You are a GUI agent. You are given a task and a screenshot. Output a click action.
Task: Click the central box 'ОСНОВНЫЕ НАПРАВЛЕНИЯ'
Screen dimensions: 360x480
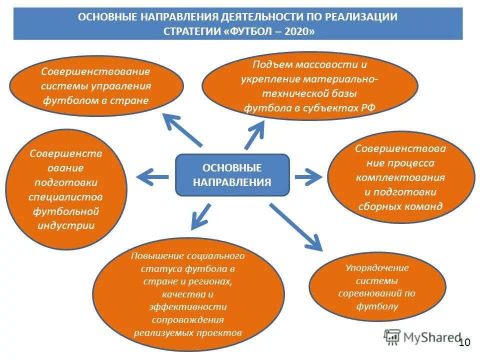point(232,175)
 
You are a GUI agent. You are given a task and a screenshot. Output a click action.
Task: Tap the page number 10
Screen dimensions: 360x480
point(464,342)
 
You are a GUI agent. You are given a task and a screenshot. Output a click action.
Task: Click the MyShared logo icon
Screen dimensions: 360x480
point(392,337)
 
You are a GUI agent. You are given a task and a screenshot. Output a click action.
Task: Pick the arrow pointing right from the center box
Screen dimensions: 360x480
point(308,176)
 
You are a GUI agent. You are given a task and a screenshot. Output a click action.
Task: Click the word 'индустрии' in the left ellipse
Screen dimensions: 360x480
point(66,225)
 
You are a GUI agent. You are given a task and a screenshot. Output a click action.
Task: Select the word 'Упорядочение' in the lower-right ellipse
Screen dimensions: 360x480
point(377,268)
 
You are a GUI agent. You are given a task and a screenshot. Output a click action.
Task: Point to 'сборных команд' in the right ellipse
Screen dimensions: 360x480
point(400,206)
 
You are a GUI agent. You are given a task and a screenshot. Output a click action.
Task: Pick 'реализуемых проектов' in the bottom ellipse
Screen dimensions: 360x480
point(187,332)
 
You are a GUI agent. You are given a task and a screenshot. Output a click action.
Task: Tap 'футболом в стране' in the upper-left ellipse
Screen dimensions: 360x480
point(95,100)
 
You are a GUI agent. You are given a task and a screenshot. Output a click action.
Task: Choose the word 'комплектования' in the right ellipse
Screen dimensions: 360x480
point(400,177)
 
